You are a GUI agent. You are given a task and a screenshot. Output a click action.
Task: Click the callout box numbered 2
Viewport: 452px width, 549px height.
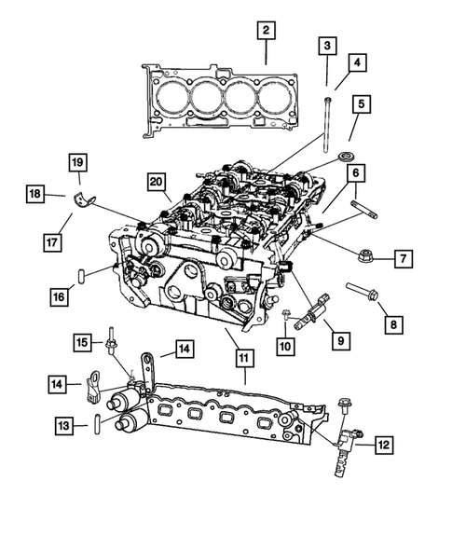[266, 32]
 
